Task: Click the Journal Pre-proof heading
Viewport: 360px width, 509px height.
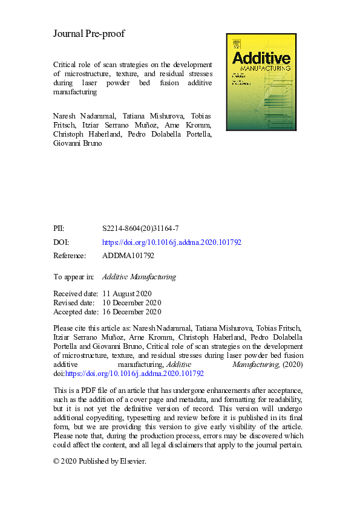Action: coord(89,34)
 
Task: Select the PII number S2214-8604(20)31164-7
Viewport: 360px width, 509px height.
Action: coord(140,229)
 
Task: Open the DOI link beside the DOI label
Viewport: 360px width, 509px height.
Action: coord(172,242)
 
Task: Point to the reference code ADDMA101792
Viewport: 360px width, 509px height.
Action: coord(128,256)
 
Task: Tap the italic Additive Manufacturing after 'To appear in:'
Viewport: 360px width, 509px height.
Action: coord(139,277)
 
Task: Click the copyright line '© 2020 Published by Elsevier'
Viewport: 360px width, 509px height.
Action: coord(100,461)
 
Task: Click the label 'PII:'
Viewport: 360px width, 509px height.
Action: coord(59,229)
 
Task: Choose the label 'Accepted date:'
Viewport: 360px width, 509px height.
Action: coord(76,312)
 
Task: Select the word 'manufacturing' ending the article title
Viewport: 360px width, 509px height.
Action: coord(76,92)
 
